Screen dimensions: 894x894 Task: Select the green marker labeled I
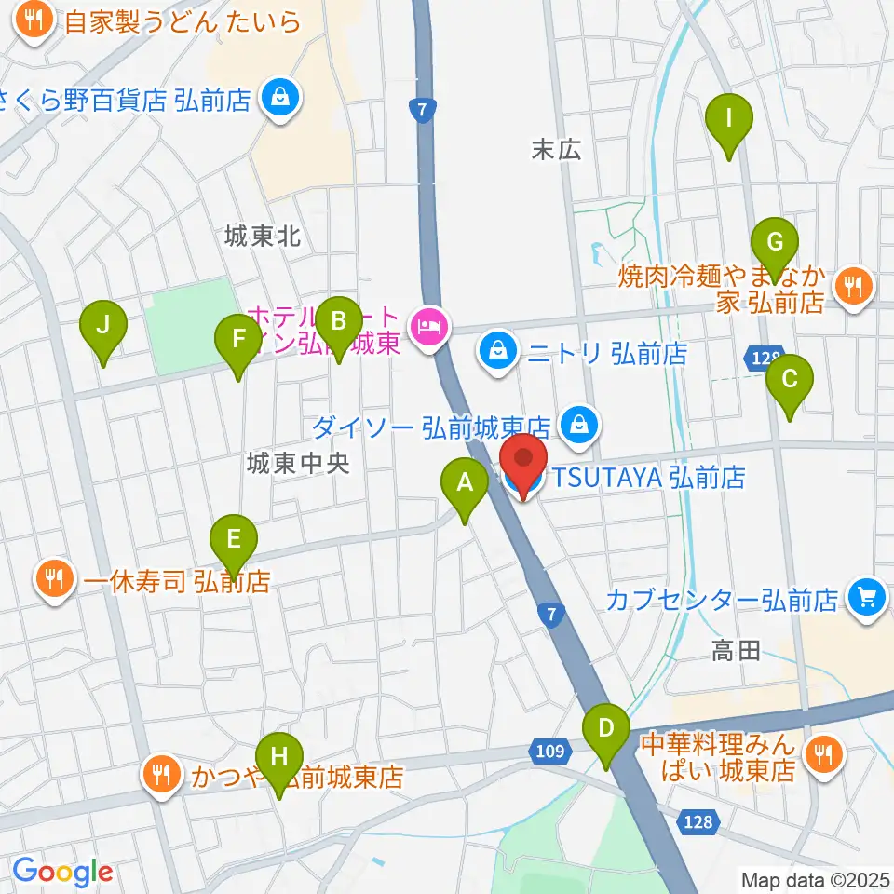point(729,118)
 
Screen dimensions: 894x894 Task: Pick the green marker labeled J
point(103,326)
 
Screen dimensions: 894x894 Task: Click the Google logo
point(62,872)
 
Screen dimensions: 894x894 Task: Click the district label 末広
point(556,149)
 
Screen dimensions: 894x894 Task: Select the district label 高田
point(736,651)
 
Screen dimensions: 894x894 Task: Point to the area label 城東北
point(263,237)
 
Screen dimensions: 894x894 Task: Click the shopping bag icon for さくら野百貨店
point(278,96)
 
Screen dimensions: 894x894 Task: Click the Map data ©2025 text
point(816,879)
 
